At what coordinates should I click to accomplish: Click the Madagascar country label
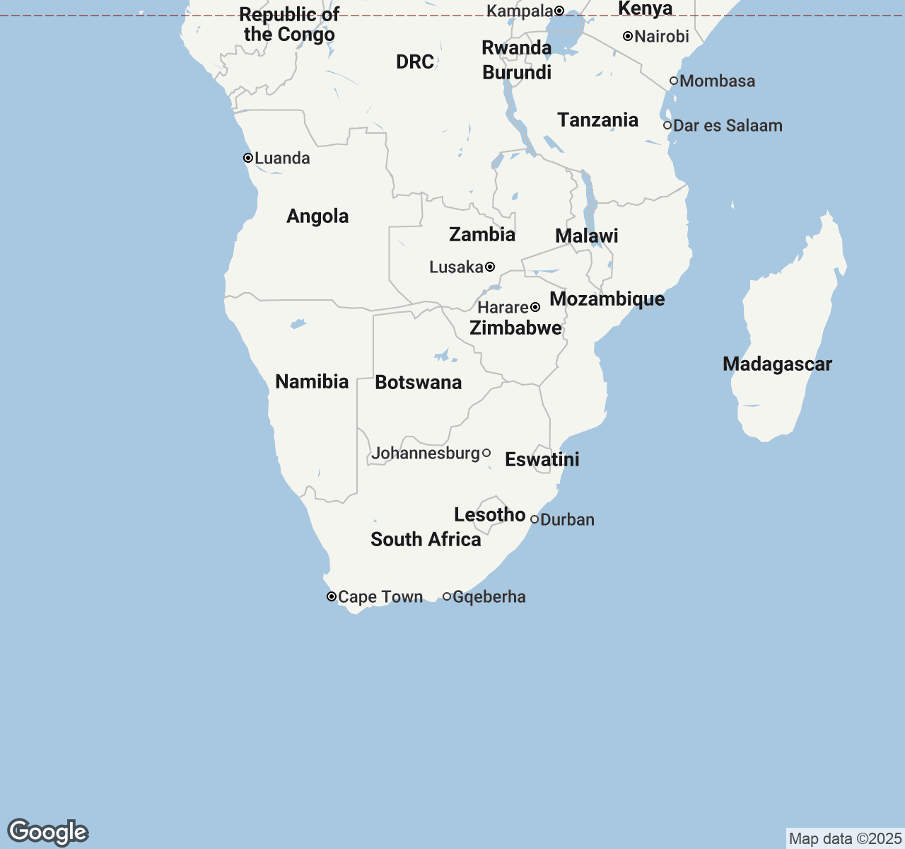(777, 364)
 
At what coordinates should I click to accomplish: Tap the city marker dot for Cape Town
(331, 596)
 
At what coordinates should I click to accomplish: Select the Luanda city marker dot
(248, 158)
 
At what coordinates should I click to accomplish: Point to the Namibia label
(312, 382)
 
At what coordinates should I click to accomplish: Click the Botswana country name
(418, 383)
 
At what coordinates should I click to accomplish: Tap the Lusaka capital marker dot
(490, 267)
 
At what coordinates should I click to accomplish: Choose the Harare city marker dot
(535, 307)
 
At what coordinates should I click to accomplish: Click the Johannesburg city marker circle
(486, 453)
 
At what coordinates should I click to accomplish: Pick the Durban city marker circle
(535, 519)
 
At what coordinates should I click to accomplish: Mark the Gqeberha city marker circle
(447, 596)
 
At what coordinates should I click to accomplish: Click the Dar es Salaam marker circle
(667, 125)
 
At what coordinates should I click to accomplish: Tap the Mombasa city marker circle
(674, 81)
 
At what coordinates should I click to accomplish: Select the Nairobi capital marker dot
(627, 36)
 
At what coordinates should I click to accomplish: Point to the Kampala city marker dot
(559, 11)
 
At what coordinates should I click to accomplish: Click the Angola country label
(317, 216)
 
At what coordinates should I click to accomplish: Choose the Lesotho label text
(489, 515)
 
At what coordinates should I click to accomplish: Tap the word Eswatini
(542, 460)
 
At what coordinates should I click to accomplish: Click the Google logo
(48, 832)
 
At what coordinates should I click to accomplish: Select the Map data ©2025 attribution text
(845, 839)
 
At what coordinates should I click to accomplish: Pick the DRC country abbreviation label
(415, 62)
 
